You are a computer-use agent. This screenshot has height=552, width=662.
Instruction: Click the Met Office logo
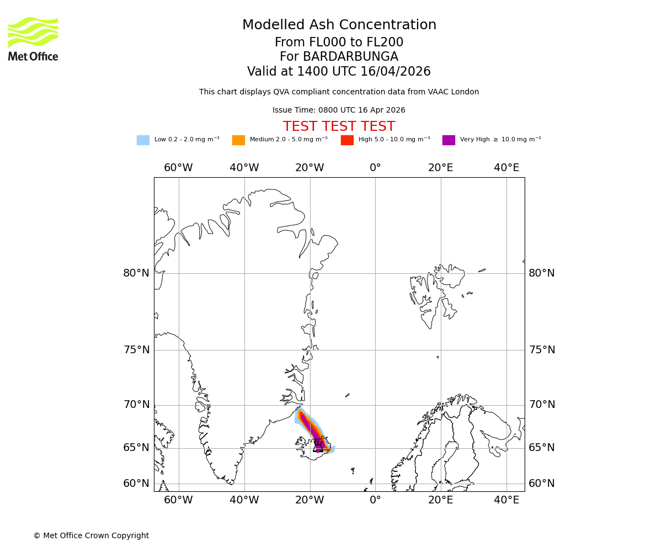[x=33, y=39]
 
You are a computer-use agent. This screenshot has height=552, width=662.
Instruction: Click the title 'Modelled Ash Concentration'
[x=339, y=25]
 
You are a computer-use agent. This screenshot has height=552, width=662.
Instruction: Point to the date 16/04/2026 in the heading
[x=396, y=72]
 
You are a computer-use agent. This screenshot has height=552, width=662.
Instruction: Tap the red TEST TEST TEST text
[x=339, y=127]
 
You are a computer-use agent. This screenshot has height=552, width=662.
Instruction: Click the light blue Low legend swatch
[x=143, y=140]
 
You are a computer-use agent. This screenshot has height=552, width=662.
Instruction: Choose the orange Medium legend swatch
[x=238, y=140]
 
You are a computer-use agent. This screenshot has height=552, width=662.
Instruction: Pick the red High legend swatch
[x=347, y=140]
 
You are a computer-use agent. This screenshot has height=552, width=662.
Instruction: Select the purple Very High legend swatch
[x=449, y=140]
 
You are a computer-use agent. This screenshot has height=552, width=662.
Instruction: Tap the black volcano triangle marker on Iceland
[x=318, y=448]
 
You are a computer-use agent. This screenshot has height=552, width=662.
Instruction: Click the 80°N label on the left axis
[x=136, y=273]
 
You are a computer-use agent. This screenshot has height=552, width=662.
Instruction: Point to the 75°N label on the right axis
[x=542, y=350]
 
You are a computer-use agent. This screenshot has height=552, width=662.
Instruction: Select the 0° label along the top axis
[x=375, y=168]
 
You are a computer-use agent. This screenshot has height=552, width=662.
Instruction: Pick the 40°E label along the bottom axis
[x=506, y=500]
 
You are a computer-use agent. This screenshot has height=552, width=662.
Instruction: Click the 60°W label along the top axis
[x=178, y=168]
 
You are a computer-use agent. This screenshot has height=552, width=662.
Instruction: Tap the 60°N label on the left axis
[x=136, y=484]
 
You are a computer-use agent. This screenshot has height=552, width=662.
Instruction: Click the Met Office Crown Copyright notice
[x=91, y=536]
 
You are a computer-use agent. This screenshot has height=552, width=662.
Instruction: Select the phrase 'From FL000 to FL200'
[x=339, y=43]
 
